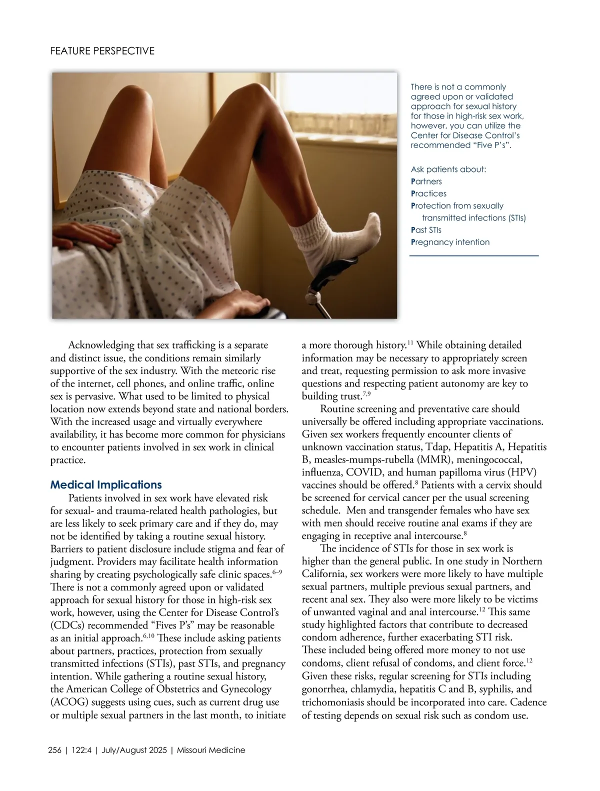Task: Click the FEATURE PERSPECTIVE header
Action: point(102,51)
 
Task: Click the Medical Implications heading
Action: point(106,485)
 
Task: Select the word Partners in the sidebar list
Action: point(426,181)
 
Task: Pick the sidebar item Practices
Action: point(428,193)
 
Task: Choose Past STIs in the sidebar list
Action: point(426,230)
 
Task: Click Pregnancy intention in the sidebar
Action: point(450,242)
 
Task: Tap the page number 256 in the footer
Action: point(54,750)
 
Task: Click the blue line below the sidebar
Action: point(474,256)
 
